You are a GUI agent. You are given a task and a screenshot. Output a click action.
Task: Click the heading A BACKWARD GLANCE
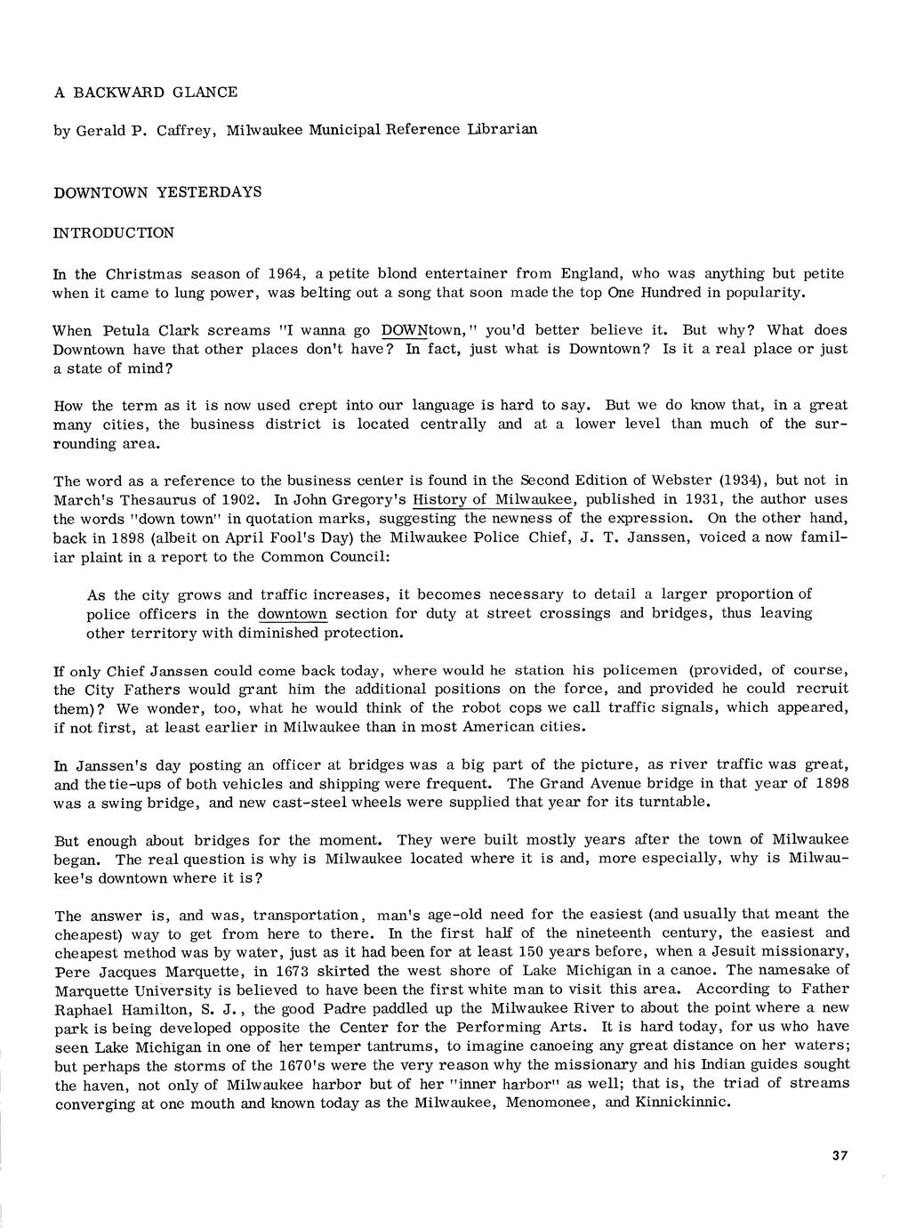pos(146,93)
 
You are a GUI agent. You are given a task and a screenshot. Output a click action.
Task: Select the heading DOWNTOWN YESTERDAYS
pos(157,192)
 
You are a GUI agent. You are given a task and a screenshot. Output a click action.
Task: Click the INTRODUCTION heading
pos(114,233)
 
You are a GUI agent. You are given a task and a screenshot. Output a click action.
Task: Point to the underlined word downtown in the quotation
pos(293,613)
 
